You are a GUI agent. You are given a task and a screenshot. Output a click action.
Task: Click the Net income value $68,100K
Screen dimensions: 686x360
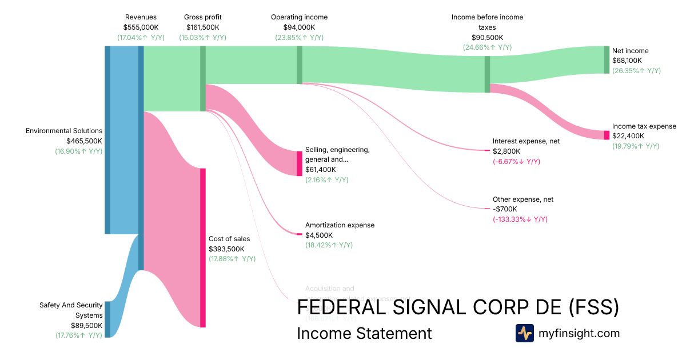click(627, 61)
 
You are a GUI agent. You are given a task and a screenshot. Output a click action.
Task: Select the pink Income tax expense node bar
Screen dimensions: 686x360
click(607, 135)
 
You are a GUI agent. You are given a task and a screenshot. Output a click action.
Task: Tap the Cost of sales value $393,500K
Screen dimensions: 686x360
click(226, 249)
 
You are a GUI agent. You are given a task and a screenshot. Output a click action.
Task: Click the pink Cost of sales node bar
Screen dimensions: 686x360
click(202, 247)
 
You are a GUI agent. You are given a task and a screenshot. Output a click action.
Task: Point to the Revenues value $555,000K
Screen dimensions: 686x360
click(141, 27)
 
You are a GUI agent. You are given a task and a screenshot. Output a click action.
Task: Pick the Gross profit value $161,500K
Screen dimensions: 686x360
click(202, 27)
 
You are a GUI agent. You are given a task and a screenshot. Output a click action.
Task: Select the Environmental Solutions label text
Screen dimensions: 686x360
click(64, 131)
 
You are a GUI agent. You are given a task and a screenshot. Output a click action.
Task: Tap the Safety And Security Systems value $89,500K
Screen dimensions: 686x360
click(86, 325)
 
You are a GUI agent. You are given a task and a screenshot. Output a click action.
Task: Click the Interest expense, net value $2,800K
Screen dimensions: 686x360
click(505, 151)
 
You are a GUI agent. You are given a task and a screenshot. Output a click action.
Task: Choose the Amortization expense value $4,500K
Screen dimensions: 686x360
click(319, 235)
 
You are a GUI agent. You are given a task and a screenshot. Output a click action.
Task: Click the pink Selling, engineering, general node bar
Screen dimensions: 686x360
click(299, 163)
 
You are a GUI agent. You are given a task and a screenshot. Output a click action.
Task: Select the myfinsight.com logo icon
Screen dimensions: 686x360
click(524, 333)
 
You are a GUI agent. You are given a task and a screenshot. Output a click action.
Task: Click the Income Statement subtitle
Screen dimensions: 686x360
click(364, 333)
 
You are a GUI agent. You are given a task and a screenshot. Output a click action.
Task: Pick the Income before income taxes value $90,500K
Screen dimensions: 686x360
click(487, 37)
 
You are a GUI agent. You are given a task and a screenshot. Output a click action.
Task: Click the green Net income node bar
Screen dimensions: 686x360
click(607, 59)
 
